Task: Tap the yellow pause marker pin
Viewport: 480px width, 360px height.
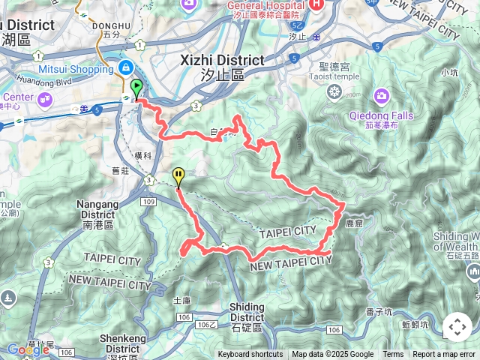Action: pyautogui.click(x=178, y=176)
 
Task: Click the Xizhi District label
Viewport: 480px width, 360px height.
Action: pyautogui.click(x=223, y=60)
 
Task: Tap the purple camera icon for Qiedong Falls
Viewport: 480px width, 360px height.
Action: pyautogui.click(x=382, y=95)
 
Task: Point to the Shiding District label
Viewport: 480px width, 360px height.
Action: pyautogui.click(x=247, y=307)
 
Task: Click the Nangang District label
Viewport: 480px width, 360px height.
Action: pyautogui.click(x=98, y=204)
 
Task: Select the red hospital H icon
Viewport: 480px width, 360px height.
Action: pyautogui.click(x=317, y=4)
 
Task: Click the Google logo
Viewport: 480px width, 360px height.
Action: pyautogui.click(x=28, y=349)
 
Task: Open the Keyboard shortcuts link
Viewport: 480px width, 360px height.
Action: pyautogui.click(x=250, y=355)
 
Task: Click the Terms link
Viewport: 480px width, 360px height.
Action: pyautogui.click(x=393, y=355)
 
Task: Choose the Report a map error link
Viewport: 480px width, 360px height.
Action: pyautogui.click(x=444, y=355)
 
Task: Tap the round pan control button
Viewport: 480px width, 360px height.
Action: pyautogui.click(x=457, y=328)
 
